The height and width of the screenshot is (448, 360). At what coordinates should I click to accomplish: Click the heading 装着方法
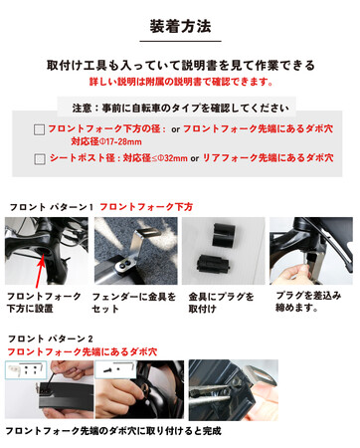click(180, 26)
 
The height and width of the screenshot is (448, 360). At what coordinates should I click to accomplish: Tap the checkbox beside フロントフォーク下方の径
click(39, 129)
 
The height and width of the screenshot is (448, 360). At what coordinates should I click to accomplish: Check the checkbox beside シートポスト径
click(40, 159)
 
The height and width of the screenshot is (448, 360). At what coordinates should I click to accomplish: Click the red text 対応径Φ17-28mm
click(106, 141)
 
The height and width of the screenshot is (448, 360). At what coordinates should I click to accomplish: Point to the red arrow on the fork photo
click(40, 271)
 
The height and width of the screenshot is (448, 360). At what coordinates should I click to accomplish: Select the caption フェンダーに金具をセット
click(133, 303)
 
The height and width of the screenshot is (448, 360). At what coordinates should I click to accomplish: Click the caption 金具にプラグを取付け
click(221, 303)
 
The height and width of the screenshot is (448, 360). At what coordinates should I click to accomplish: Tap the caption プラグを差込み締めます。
click(308, 302)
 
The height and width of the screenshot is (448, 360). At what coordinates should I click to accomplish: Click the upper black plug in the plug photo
click(224, 235)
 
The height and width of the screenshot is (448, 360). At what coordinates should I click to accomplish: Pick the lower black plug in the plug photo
click(213, 265)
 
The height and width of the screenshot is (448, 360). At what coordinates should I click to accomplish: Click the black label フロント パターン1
click(52, 207)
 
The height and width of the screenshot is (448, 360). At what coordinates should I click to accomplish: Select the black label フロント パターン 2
click(51, 338)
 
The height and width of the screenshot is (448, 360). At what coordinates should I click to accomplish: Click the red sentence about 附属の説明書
click(181, 82)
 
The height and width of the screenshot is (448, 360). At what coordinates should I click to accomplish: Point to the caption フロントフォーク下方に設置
click(44, 303)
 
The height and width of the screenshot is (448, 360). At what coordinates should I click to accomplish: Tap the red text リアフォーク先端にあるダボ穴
click(268, 157)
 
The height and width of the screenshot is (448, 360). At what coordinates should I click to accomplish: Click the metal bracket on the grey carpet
click(132, 252)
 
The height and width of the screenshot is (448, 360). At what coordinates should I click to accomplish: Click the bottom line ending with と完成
click(113, 431)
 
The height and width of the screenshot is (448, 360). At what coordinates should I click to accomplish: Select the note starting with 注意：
click(181, 108)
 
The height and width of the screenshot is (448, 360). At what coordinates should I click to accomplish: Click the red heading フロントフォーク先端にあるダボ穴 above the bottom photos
click(83, 351)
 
